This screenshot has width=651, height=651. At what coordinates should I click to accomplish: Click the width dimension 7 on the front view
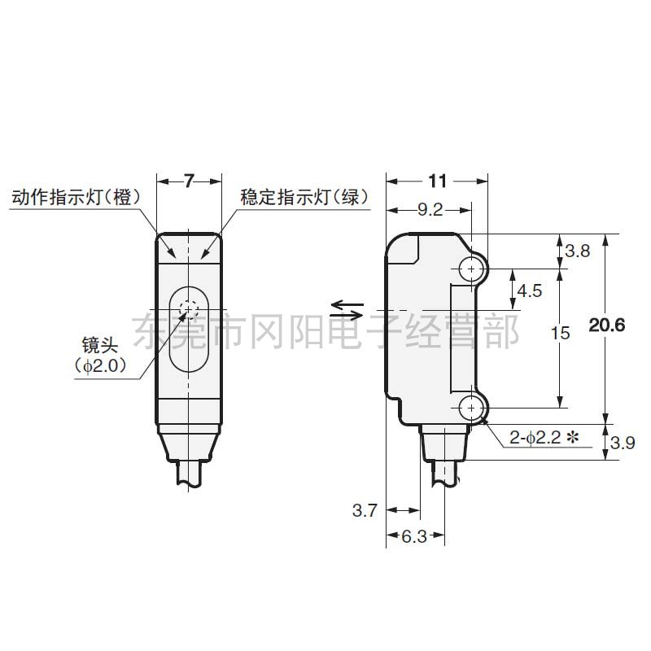189,181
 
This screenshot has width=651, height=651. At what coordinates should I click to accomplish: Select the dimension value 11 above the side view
437,181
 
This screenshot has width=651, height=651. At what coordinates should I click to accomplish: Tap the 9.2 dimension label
429,211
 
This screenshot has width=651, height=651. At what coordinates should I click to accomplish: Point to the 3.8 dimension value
577,251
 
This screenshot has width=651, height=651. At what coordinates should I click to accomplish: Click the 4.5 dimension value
530,290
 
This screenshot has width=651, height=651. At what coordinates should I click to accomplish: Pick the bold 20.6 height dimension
607,326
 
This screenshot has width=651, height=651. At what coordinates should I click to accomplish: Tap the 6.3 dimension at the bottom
415,536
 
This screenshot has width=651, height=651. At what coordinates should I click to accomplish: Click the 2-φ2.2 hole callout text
535,438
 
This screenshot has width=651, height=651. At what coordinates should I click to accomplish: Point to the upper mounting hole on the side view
471,268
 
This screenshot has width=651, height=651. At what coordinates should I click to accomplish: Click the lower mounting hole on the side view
471,407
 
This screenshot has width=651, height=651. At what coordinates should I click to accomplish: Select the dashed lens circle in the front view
190,310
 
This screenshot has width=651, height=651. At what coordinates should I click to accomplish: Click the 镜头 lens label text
99,343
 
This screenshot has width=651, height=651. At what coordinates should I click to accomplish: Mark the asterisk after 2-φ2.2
572,438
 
